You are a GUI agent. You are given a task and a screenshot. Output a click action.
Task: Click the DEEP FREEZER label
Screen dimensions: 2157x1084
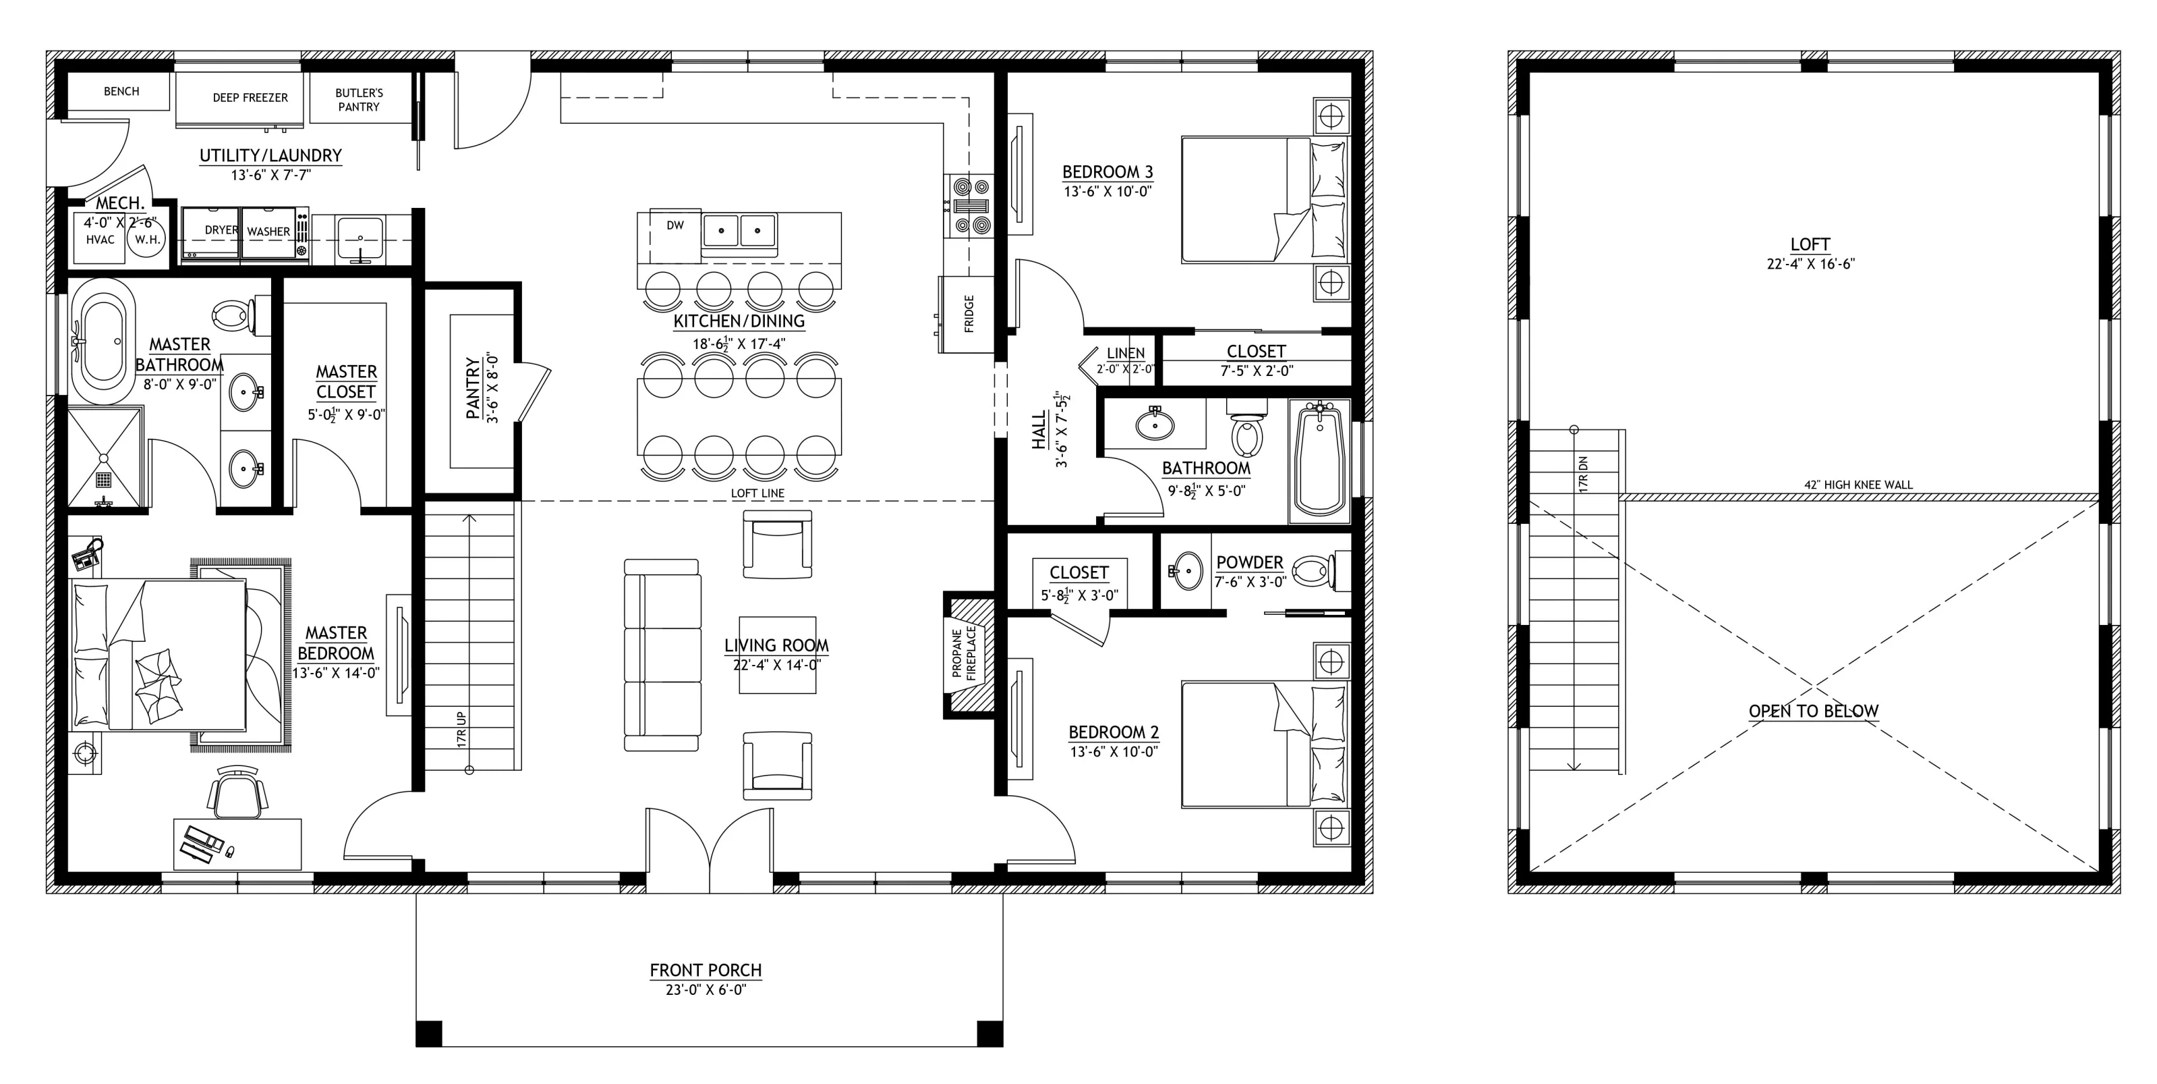(250, 98)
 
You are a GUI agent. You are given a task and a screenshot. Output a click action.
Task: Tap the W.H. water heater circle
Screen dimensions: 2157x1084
(147, 240)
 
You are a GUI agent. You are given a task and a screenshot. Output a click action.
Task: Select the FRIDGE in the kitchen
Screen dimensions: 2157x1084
(967, 314)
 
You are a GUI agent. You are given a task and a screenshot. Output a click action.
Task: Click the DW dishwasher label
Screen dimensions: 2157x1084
(675, 225)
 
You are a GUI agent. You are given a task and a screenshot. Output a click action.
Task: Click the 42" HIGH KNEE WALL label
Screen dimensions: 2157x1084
(1858, 484)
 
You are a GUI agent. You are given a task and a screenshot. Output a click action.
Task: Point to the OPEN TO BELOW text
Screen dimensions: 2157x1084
(1813, 711)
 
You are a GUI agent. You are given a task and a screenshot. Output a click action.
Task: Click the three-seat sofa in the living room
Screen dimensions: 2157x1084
(662, 655)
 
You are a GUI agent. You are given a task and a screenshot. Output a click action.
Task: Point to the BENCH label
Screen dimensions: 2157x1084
(121, 91)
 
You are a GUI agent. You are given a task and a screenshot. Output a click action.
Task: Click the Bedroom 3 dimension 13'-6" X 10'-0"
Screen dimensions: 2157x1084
(1107, 191)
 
